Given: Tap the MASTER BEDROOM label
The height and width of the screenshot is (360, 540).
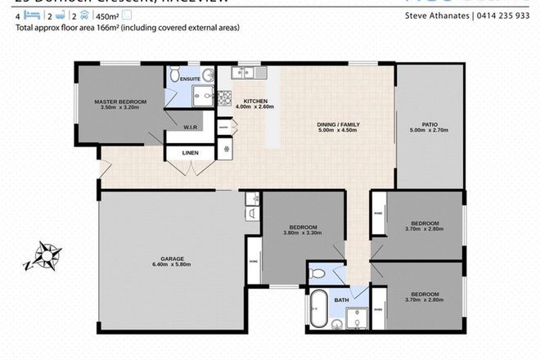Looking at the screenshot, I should pos(121,101).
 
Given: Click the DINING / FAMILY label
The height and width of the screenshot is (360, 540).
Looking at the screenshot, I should pos(338,124).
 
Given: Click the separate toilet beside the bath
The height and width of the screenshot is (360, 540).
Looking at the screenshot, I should pos(321,272).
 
